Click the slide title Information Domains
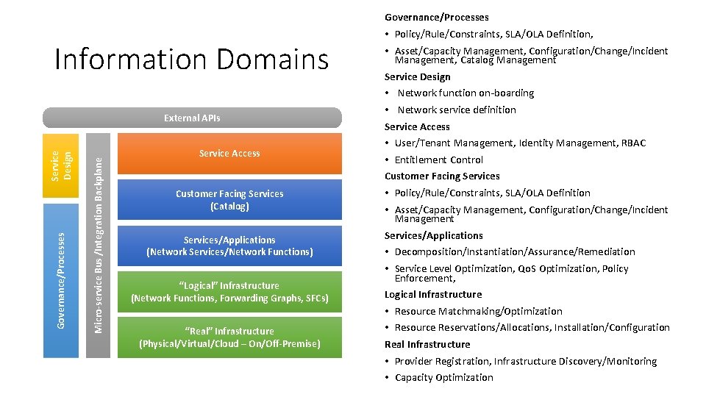click(x=192, y=60)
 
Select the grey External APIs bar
click(x=192, y=118)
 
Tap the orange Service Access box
click(x=229, y=154)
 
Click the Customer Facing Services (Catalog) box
click(x=229, y=200)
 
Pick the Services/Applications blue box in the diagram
click(x=229, y=246)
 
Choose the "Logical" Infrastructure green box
click(x=229, y=292)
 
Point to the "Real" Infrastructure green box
click(x=229, y=337)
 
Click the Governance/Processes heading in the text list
click(x=437, y=17)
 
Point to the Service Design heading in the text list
click(x=418, y=76)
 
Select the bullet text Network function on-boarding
click(x=466, y=93)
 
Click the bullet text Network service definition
click(x=457, y=110)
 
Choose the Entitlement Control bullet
click(x=439, y=160)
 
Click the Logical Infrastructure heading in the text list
click(x=433, y=295)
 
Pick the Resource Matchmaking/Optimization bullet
click(x=478, y=312)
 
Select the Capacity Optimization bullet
click(x=443, y=378)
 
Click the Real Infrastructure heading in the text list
click(x=427, y=345)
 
